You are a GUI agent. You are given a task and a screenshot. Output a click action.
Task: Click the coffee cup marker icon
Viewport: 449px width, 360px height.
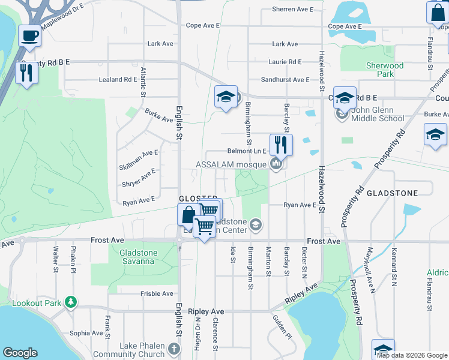pyautogui.click(x=29, y=35)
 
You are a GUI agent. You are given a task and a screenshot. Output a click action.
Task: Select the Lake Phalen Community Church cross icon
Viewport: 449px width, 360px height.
pyautogui.click(x=174, y=349)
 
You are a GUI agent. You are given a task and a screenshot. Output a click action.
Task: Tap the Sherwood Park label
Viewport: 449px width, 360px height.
pyautogui.click(x=384, y=70)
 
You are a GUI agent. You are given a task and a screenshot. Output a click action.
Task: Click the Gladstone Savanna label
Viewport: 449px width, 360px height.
pyautogui.click(x=138, y=257)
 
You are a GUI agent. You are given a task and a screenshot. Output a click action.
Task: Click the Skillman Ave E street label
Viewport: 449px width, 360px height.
pyautogui.click(x=139, y=153)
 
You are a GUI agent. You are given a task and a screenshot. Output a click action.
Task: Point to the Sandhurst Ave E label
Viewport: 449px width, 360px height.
pyautogui.click(x=285, y=80)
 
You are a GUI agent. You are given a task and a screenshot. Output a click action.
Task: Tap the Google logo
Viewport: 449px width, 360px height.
pyautogui.click(x=20, y=353)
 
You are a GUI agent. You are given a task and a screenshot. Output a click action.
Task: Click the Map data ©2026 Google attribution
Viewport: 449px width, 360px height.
pyautogui.click(x=412, y=355)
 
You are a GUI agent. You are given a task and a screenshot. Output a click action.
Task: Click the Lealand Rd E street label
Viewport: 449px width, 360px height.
pyautogui.click(x=118, y=79)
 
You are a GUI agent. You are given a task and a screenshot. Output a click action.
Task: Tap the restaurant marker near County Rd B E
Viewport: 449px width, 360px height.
pyautogui.click(x=26, y=74)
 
